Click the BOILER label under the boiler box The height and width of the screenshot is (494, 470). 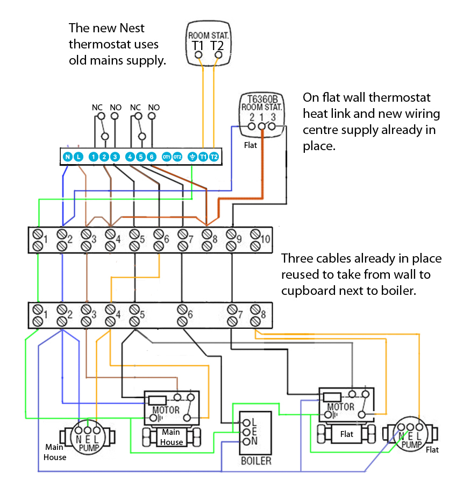point(256,461)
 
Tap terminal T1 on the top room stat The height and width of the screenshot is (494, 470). point(199,54)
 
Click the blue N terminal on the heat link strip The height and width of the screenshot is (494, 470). point(68,157)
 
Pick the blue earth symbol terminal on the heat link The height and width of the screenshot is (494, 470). point(192,157)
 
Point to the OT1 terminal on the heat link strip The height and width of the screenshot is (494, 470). point(167,157)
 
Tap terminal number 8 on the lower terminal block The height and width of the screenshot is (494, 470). point(255,315)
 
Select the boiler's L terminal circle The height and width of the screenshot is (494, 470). point(247,422)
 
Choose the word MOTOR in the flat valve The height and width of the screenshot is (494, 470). point(341,407)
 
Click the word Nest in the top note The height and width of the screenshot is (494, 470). point(132,28)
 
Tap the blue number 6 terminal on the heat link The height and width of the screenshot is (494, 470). point(152,157)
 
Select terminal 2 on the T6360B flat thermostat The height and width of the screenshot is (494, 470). point(251,127)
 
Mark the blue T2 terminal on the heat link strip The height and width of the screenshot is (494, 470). point(214,157)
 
